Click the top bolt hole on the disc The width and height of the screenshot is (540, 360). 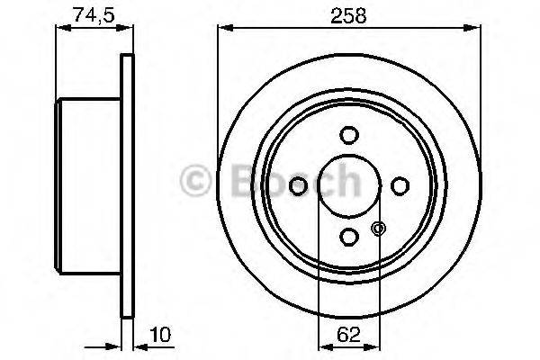pyautogui.click(x=348, y=134)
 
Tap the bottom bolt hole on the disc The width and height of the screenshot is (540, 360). pyautogui.click(x=348, y=236)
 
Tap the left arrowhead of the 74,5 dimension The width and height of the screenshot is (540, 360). pyautogui.click(x=62, y=28)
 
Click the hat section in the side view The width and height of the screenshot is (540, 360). pyautogui.click(x=88, y=185)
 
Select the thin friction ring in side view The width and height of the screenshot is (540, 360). pyautogui.click(x=127, y=185)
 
